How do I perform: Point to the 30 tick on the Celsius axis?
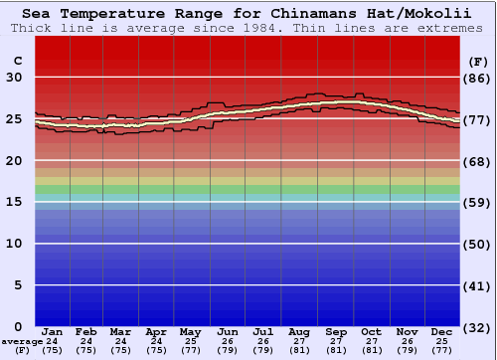(16, 78)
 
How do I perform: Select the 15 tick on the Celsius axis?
(16, 202)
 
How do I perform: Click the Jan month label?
(53, 331)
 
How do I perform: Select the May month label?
(192, 331)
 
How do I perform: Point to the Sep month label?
(336, 331)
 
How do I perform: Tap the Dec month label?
(442, 331)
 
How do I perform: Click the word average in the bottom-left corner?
(21, 341)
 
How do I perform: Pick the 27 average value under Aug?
(299, 341)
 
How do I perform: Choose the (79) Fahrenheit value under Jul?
(263, 350)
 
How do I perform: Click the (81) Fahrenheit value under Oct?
(372, 350)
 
